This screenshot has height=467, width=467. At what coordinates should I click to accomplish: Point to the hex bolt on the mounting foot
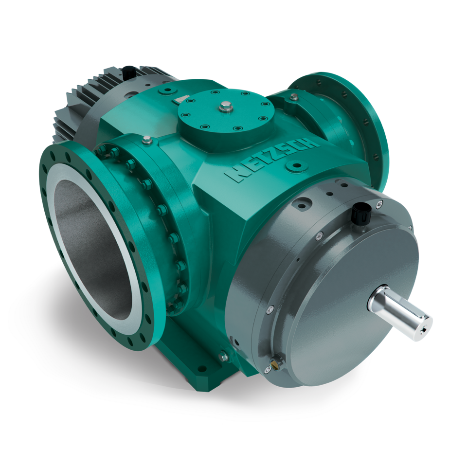tap(223, 357)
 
